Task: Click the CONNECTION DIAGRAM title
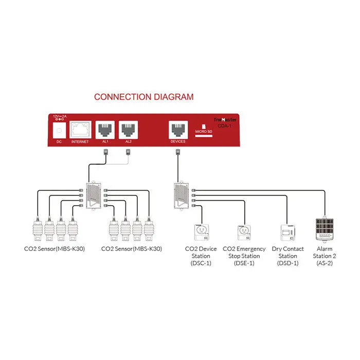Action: tap(143, 97)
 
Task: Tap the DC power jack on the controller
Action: tap(59, 130)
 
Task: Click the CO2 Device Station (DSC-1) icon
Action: tap(200, 232)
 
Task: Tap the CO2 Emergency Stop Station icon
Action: tap(244, 232)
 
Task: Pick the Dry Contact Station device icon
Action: tap(287, 232)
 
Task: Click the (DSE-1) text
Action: tap(244, 263)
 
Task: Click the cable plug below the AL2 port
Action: tap(128, 151)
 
